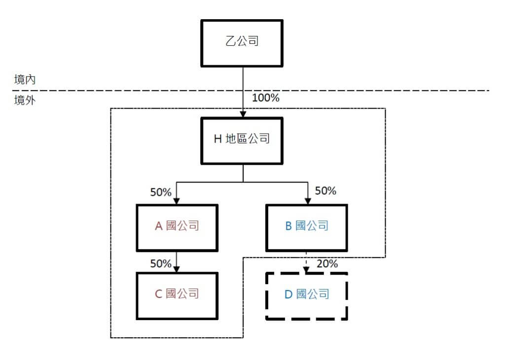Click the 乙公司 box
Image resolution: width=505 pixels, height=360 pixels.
coord(242,43)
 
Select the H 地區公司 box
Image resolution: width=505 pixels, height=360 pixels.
coord(242,140)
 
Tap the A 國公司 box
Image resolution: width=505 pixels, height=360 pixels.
coord(177,227)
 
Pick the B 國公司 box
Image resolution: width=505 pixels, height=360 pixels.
coord(307,227)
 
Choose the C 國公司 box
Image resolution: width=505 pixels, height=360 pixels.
coord(177,294)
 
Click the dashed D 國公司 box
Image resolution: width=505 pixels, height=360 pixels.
coord(307,295)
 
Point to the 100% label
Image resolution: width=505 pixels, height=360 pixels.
coord(265,98)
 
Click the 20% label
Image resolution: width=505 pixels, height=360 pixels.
coord(327,264)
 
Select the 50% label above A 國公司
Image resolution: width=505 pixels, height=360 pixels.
coord(161,192)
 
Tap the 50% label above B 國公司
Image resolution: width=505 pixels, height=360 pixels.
coord(325,191)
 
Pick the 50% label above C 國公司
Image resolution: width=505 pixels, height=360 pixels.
coord(161,264)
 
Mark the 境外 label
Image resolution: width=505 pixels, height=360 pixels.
coord(25,101)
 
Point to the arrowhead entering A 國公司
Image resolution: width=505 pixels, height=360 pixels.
coord(177,201)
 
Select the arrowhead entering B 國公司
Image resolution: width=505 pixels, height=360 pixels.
coord(308,201)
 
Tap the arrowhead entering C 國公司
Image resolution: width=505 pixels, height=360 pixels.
coord(177,269)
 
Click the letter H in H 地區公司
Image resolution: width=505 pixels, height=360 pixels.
coord(217,140)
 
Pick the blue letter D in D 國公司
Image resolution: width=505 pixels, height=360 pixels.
coord(289,295)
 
